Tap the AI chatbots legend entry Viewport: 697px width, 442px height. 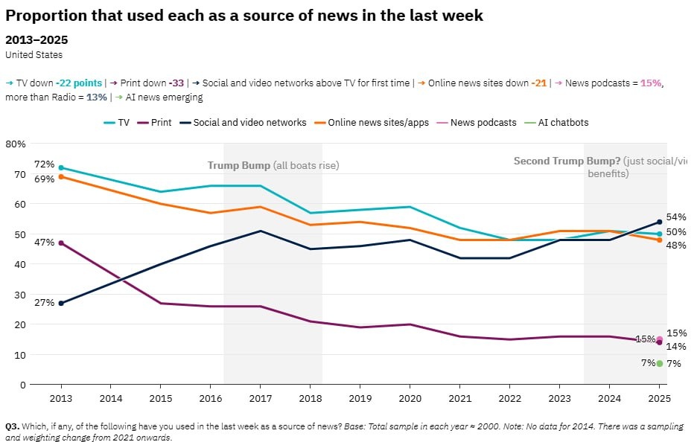[x=557, y=122]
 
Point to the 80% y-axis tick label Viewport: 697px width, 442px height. [x=16, y=144]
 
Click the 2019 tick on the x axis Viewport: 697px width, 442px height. [x=360, y=399]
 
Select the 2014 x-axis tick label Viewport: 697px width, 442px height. [x=110, y=399]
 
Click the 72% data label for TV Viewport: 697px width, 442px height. [x=44, y=164]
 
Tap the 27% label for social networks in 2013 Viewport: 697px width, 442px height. [x=44, y=303]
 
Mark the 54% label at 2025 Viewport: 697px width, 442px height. [x=676, y=217]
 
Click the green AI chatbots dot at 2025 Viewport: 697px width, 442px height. [x=660, y=363]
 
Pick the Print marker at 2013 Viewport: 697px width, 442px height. [x=61, y=243]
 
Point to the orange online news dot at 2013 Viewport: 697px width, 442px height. [x=61, y=176]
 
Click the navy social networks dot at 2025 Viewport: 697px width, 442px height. [x=660, y=222]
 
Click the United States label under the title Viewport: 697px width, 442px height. [x=34, y=54]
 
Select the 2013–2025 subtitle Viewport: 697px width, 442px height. [x=36, y=39]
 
